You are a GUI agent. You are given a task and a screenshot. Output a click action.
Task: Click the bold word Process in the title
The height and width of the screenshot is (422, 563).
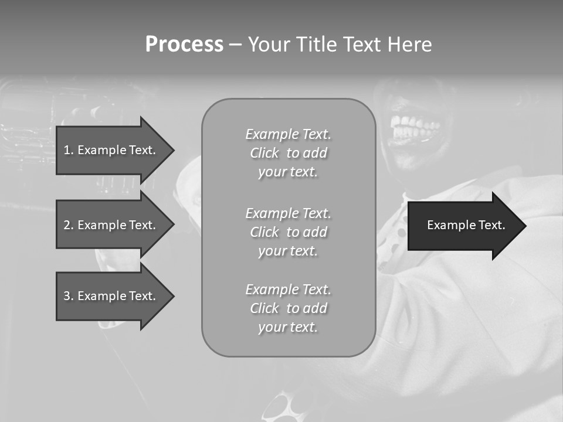[x=184, y=45]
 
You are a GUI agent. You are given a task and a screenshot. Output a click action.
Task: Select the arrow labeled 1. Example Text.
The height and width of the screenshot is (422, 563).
[x=111, y=150]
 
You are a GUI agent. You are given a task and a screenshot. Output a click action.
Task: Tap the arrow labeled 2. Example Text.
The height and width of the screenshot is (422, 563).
[x=111, y=225]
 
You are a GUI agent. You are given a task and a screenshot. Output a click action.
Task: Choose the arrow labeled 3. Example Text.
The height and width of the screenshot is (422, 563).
[x=111, y=296]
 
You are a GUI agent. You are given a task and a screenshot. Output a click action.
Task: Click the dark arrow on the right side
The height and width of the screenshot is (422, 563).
[x=463, y=226]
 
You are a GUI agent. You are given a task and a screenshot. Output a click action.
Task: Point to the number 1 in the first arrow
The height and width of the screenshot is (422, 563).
[x=67, y=150]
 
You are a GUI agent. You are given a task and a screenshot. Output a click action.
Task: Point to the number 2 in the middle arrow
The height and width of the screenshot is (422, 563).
[x=67, y=225]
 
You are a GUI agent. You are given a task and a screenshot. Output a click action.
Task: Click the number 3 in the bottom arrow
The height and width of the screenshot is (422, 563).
[x=67, y=296]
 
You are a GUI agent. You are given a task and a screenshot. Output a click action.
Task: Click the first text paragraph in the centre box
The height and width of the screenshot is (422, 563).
[x=289, y=153]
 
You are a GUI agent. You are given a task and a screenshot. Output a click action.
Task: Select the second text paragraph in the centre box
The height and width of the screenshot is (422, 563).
[x=289, y=232]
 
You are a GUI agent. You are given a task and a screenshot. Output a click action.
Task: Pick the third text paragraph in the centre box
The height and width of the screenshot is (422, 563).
[x=289, y=308]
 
